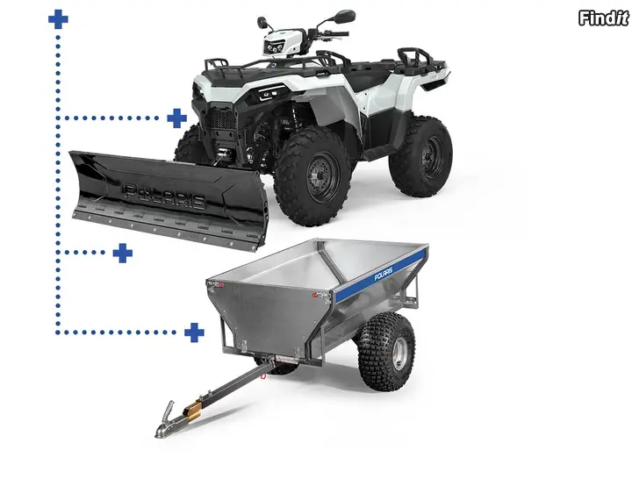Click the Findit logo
(x=604, y=18)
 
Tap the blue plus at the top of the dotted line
(x=58, y=19)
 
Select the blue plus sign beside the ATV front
(x=177, y=118)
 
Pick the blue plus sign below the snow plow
(x=123, y=253)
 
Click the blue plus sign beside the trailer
(x=194, y=332)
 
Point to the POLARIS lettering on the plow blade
(x=164, y=195)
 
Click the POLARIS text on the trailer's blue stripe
(x=383, y=274)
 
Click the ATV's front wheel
(x=312, y=176)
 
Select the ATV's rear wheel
(x=420, y=151)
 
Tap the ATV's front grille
(x=223, y=119)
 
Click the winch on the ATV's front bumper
(x=222, y=154)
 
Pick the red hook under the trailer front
(x=264, y=375)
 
